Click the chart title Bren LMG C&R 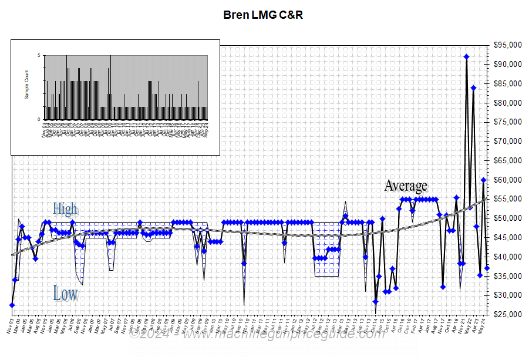[x=264, y=15]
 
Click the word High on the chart [x=65, y=208]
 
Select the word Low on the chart [x=65, y=293]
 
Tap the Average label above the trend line [x=406, y=186]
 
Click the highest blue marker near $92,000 [x=466, y=57]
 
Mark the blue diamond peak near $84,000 [x=473, y=88]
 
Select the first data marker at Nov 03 [x=12, y=305]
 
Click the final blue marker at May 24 [x=487, y=268]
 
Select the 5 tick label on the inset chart [x=39, y=56]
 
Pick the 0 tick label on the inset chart [x=39, y=119]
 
